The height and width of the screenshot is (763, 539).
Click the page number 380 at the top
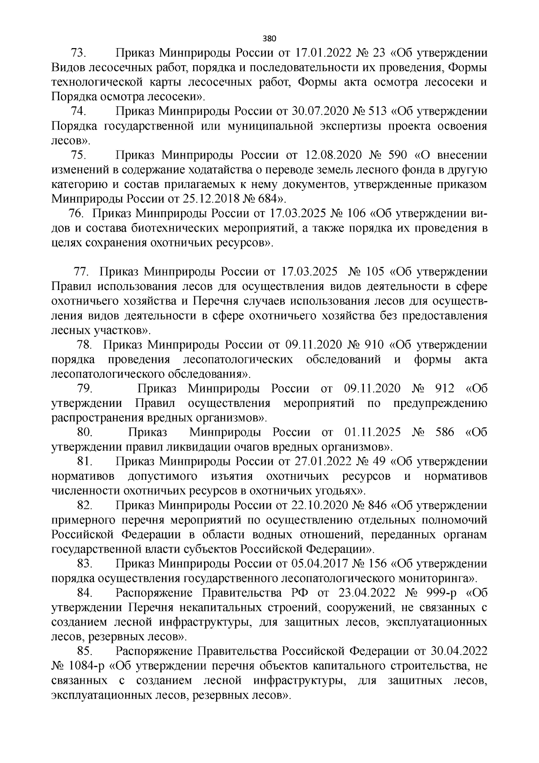269,38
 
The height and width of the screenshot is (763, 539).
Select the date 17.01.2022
322,53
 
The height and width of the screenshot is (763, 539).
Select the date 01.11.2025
372,432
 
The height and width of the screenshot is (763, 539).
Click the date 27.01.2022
322,461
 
